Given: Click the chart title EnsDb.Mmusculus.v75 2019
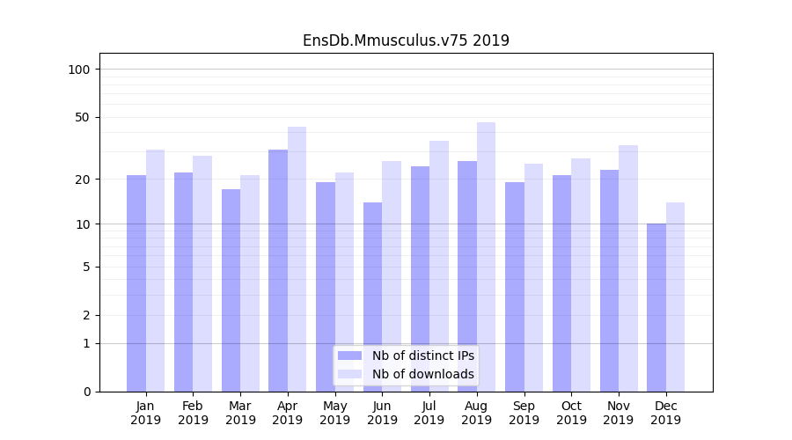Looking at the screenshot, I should pos(406,40).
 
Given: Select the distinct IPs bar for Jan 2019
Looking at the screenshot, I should pos(136,283).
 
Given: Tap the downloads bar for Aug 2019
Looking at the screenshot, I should pos(486,257).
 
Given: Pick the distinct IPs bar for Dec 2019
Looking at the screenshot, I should pos(656,307).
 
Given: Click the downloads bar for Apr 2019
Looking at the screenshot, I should pos(297,259).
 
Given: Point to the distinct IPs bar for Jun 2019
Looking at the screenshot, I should pos(372,297).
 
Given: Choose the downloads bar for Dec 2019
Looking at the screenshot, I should pos(675,297).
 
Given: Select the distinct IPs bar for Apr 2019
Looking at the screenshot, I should pos(278,270).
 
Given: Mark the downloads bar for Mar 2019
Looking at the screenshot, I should pos(250,283).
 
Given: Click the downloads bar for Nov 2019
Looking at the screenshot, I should pos(627,268).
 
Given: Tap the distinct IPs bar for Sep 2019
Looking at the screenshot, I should pos(515,287).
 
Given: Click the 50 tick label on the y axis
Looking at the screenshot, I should pos(82,117).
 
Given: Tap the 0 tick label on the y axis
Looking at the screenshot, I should pos(86,392).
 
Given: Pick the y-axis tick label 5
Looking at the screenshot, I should pos(86,267).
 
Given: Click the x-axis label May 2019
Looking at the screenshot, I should pos(335,413).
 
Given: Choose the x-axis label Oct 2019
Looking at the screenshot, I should pos(571,413).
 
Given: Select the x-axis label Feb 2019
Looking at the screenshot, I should pos(193,413).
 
